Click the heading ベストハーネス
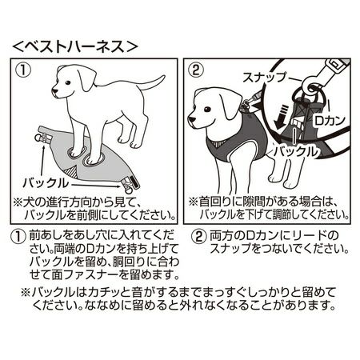point(75,46)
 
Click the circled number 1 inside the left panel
point(23,70)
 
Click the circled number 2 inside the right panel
point(196,70)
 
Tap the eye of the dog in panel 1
point(68,82)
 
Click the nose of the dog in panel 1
point(54,90)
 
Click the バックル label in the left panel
point(46,183)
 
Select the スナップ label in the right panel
point(265,78)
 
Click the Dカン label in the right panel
point(330,121)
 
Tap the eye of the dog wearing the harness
point(207,110)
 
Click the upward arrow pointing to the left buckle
point(42,159)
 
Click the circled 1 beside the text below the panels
point(18,237)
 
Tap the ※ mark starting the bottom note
point(26,293)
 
